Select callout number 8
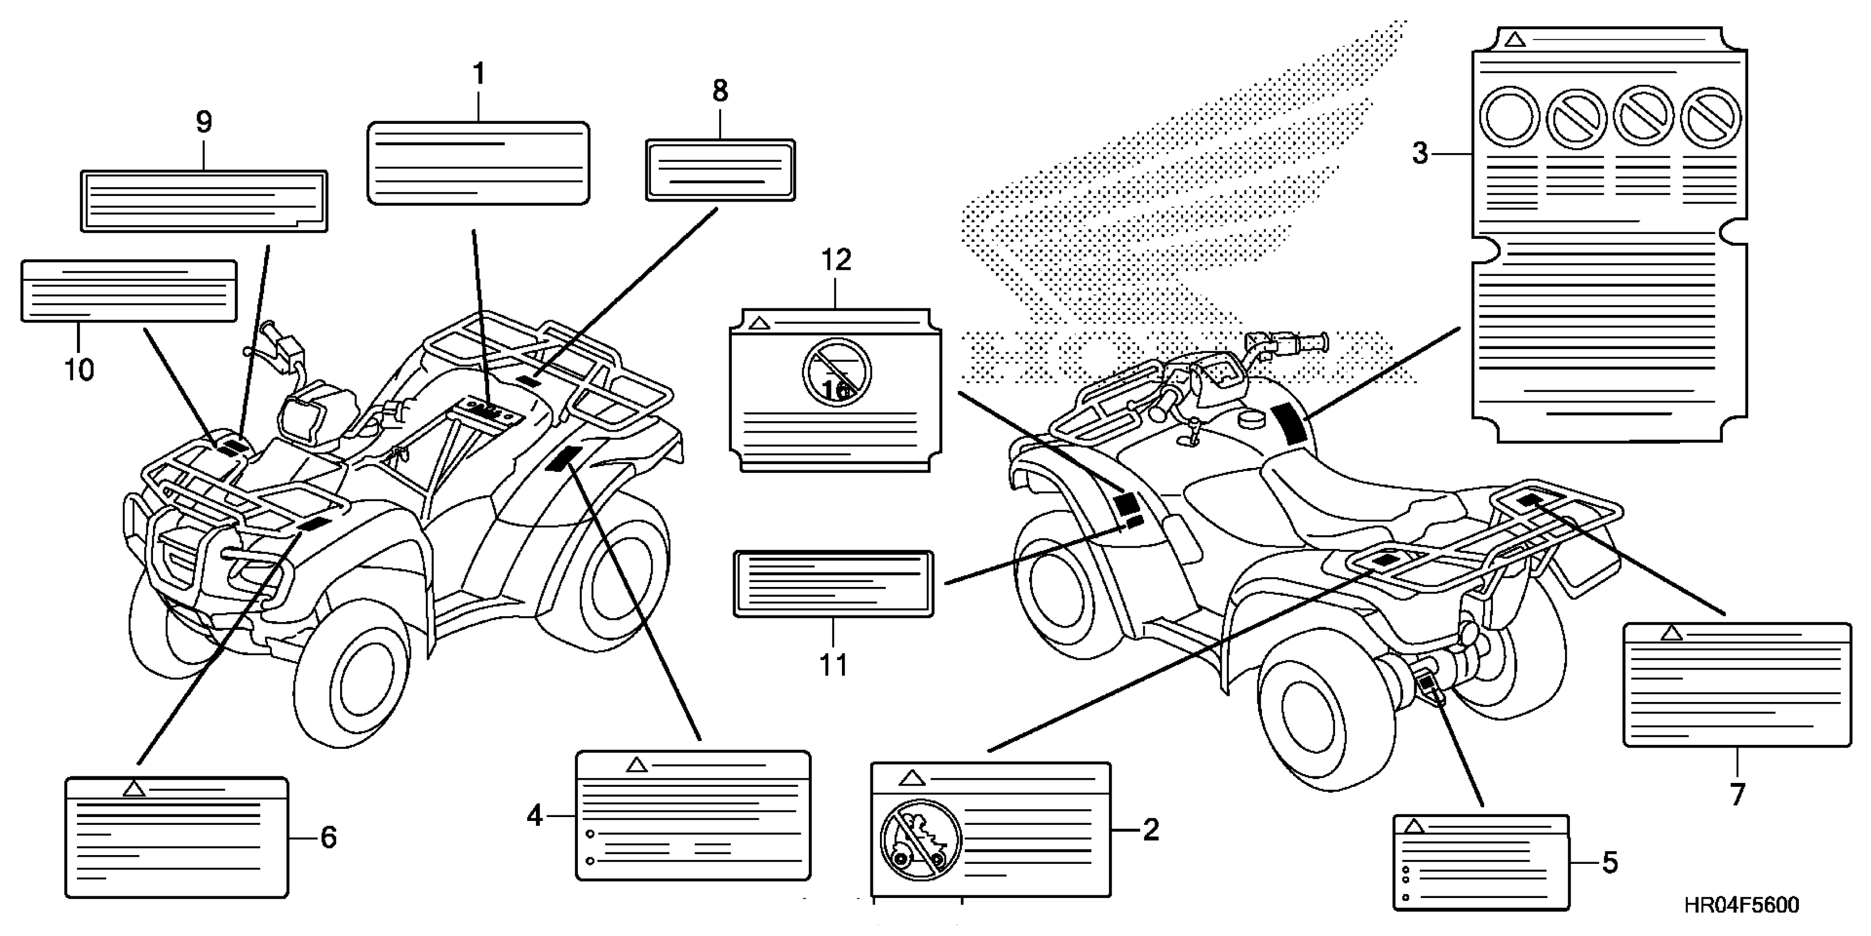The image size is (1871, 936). tap(719, 91)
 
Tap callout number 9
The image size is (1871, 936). tap(204, 122)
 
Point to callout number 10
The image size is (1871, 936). tap(79, 370)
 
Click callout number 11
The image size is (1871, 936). tap(834, 664)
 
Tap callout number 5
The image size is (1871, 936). tap(1610, 863)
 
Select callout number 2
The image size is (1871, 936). tap(1151, 830)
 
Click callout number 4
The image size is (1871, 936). tap(534, 816)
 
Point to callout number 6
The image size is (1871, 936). tap(329, 838)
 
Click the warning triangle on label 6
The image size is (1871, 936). tap(133, 788)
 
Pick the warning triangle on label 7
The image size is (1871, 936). tap(1671, 634)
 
